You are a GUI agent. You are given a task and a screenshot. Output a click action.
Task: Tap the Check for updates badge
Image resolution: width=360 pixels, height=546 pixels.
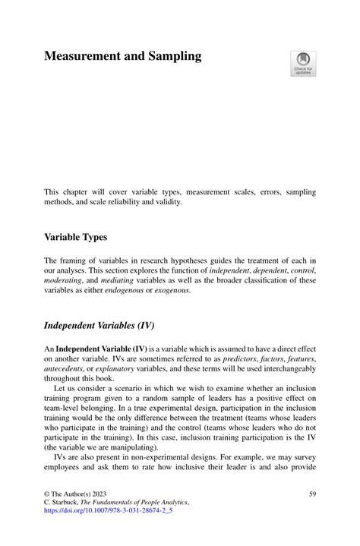303,63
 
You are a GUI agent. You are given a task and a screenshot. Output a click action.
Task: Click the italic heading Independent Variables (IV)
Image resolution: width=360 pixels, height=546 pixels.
99,326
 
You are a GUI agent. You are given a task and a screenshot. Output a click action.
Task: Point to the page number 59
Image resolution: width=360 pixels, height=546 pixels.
312,494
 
